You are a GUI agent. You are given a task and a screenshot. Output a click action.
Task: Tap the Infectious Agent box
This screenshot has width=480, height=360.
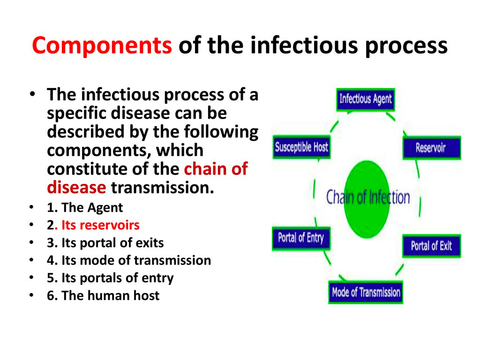coord(366,99)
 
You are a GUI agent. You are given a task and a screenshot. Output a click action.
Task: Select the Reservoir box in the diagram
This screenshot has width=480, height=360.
coord(431,148)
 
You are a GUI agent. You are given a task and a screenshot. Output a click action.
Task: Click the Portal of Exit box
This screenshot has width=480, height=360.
coord(431,246)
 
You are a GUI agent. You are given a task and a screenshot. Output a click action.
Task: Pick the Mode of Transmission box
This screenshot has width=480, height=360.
coord(366,293)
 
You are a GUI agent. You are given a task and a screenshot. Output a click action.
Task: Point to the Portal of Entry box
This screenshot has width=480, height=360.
coord(301,238)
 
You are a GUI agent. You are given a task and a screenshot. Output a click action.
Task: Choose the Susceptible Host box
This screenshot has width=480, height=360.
coord(301,147)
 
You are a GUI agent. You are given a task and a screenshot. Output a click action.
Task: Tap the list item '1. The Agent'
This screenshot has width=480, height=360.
coord(85,208)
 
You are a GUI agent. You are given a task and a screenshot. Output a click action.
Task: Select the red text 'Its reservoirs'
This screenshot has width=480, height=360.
coord(100,225)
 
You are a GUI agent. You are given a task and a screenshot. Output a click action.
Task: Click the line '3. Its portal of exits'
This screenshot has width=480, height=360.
coord(105,243)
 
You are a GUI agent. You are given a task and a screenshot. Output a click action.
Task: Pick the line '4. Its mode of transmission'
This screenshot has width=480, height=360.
coord(129,260)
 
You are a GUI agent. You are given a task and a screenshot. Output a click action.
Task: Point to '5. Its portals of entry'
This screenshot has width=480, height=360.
coord(110,278)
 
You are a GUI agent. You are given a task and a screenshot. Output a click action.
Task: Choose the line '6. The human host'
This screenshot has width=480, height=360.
coord(103,296)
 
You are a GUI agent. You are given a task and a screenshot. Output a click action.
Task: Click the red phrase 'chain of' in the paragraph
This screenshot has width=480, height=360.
coord(216,169)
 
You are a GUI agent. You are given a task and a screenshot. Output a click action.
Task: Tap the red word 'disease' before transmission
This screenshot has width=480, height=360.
coord(76,187)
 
